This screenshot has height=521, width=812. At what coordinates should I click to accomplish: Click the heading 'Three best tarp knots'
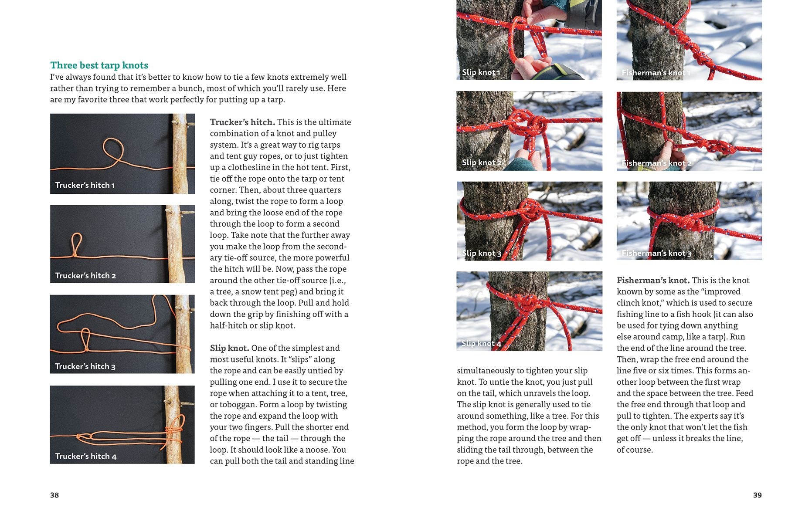(99, 65)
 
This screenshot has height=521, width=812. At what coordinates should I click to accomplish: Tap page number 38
(54, 495)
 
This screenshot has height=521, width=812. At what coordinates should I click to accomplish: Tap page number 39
(758, 495)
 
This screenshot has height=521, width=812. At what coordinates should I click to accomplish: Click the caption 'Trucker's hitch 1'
(85, 185)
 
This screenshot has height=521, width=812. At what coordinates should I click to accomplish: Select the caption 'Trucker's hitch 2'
(85, 276)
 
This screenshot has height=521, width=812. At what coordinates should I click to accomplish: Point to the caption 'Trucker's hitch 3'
(85, 366)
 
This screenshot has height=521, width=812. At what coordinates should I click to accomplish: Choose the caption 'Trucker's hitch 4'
(86, 456)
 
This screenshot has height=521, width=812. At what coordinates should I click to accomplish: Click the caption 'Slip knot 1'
(481, 72)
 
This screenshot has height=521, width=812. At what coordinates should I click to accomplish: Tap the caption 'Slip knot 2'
(482, 162)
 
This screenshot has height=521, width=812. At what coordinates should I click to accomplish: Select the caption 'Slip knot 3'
(482, 253)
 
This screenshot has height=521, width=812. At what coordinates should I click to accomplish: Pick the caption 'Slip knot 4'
(482, 343)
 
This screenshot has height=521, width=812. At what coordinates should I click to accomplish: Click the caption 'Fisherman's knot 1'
(656, 73)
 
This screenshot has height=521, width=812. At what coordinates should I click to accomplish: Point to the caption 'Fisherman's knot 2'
(656, 163)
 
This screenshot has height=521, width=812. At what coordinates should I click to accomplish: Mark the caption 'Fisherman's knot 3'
(656, 253)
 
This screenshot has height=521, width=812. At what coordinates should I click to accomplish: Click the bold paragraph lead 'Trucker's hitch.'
(242, 122)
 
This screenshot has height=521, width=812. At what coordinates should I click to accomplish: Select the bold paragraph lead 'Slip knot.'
(230, 348)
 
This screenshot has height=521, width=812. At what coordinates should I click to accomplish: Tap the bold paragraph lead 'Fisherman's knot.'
(653, 280)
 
